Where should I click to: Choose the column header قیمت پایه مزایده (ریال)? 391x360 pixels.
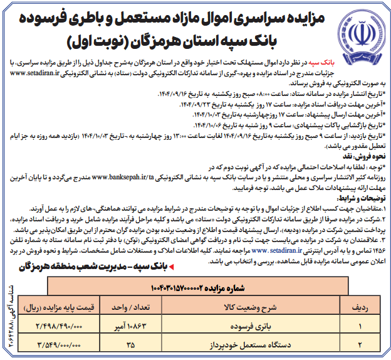pyautogui.click(x=59, y=308)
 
